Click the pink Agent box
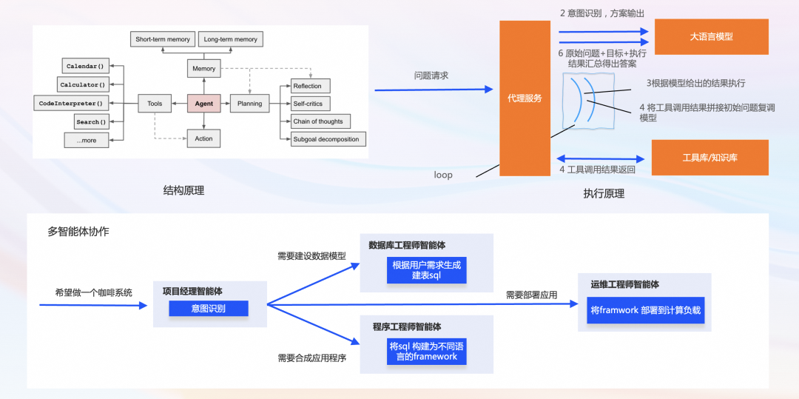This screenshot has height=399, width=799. coord(203,104)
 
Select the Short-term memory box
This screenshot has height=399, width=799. coord(163,39)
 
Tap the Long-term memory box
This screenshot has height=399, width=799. coord(231,39)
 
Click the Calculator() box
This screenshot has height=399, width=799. coord(83,85)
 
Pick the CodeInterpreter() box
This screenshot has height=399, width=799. coord(71,104)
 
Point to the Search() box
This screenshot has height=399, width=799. coord(91,121)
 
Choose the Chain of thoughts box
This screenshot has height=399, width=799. coord(318,121)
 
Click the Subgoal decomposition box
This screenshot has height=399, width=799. coord(326,139)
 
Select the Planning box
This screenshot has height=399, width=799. coord(249,104)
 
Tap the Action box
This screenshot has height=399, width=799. coord(203,138)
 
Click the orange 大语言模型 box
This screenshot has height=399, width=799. coord(711,36)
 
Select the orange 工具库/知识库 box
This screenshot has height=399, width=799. coord(709,158)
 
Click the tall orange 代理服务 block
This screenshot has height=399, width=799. coord(525,98)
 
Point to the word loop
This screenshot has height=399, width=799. coord(443,175)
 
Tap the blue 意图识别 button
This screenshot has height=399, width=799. coord(208,309)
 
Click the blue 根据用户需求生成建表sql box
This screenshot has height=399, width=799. coord(426,270)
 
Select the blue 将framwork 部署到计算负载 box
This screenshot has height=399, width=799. coord(645,310)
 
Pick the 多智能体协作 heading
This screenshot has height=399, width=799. coord(78,232)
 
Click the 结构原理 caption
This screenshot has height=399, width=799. coord(183,191)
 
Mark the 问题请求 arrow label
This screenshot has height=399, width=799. coord(431,76)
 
